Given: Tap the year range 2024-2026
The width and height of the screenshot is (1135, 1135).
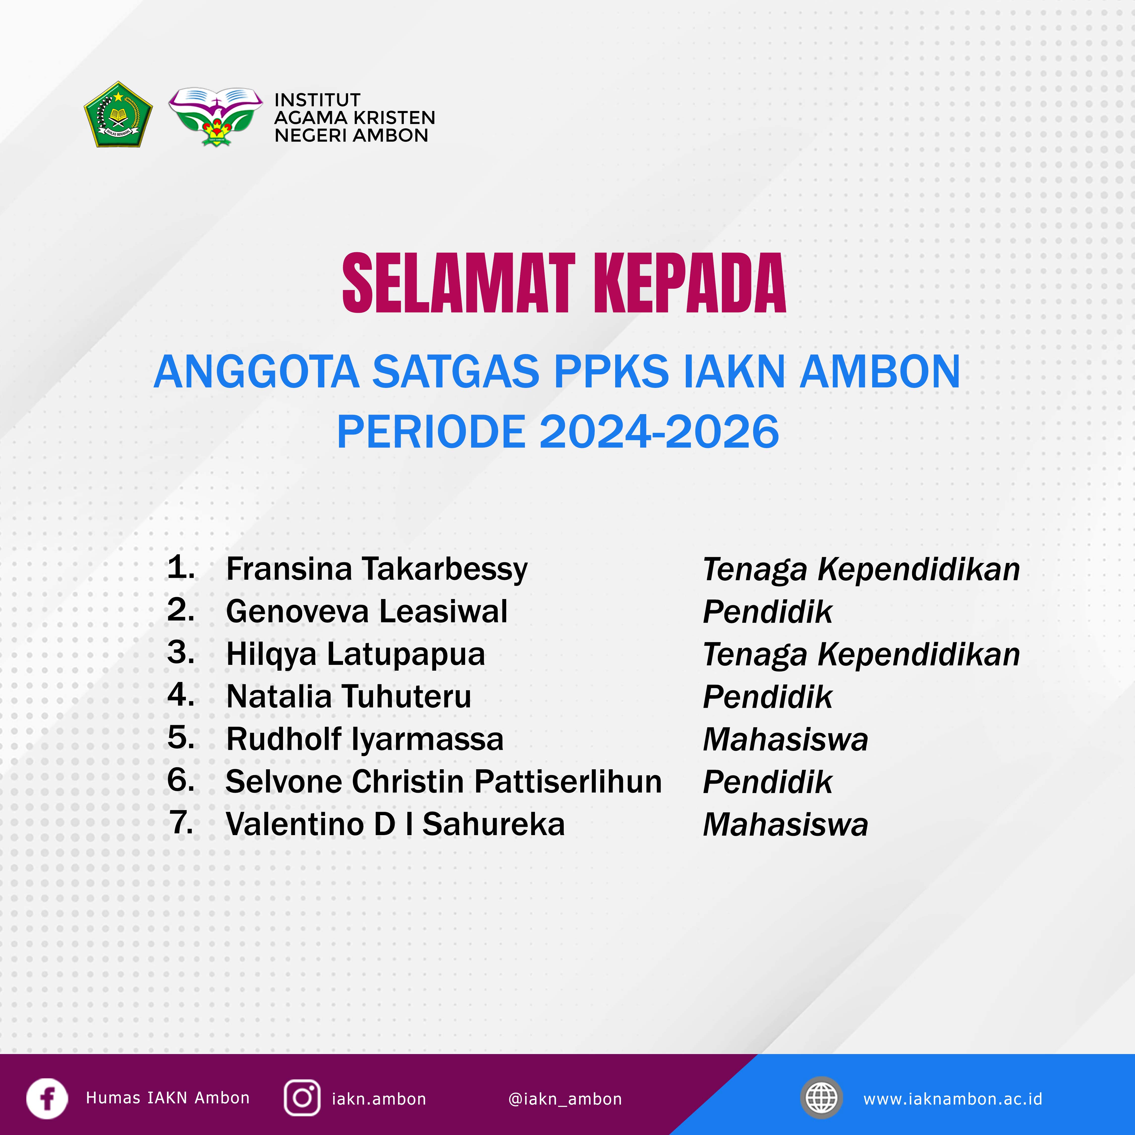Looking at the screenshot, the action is coord(659,432).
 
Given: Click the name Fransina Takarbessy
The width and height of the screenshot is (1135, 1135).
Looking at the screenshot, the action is coord(377,569).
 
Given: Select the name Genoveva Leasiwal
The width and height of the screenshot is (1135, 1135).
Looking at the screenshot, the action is coord(366,612).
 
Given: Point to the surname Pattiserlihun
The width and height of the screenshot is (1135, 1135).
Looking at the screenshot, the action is coord(568,782).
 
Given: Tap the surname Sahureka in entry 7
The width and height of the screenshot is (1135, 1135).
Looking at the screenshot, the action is coord(494,824).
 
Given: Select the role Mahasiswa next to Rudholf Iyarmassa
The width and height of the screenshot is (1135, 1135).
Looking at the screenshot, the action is coord(785,740).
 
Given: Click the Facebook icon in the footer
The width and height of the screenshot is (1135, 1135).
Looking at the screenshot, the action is coord(47,1099).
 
